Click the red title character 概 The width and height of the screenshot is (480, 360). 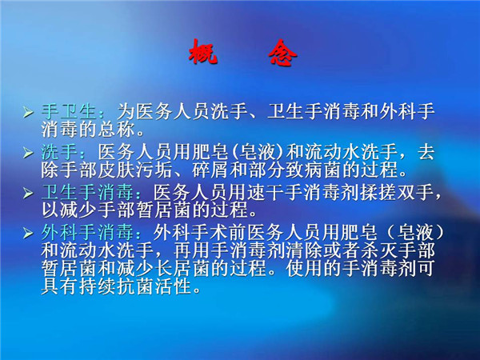[203, 52]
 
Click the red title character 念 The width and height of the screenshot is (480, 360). [282, 53]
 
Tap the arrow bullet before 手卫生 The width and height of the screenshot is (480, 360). [28, 113]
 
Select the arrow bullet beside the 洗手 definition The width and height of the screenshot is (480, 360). [28, 153]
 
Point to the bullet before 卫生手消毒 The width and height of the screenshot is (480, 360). [28, 193]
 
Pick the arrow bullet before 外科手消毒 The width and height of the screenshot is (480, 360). [28, 234]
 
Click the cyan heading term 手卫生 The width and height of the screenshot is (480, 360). [69, 112]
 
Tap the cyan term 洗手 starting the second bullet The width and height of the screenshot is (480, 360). [60, 152]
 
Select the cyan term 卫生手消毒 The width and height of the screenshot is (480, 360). [88, 193]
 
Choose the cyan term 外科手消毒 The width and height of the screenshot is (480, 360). [88, 233]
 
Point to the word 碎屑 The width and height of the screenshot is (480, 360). [210, 170]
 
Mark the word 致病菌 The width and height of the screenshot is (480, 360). [314, 170]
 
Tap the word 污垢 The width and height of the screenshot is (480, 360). [154, 170]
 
